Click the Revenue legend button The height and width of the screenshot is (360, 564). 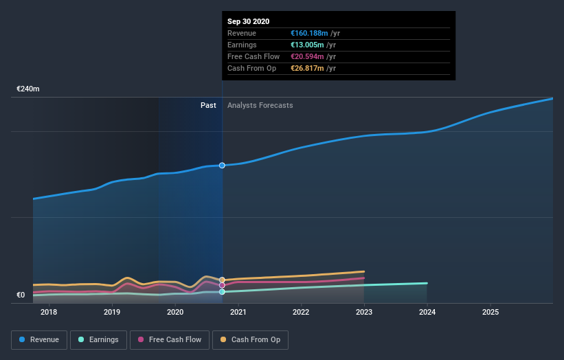(40, 339)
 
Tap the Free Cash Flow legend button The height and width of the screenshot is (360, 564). (170, 339)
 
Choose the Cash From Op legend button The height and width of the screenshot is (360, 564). (251, 339)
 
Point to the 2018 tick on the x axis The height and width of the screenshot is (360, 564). (49, 313)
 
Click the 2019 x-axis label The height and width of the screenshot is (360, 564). (112, 313)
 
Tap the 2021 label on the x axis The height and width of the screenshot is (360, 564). (238, 313)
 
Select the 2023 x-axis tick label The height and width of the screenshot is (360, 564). (364, 313)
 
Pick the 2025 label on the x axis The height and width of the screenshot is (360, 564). (490, 313)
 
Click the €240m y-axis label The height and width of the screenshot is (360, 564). (28, 89)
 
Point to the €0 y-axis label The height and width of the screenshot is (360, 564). (21, 295)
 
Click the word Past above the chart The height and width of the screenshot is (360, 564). (208, 106)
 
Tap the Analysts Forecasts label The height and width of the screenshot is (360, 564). (260, 106)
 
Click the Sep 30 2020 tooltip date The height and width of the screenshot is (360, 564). (249, 21)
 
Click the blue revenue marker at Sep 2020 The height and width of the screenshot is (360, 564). (222, 166)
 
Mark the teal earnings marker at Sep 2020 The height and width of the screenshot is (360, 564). (222, 292)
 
